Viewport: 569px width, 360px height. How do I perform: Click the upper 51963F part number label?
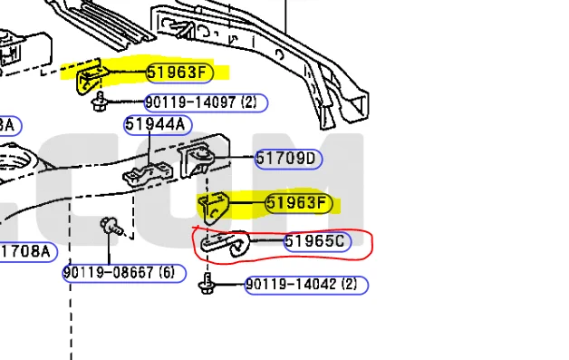(179, 73)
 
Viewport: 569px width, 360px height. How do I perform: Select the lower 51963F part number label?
(299, 203)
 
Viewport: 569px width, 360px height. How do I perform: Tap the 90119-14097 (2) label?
(206, 102)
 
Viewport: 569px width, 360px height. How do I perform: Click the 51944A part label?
(158, 125)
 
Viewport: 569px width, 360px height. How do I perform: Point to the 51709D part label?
(288, 159)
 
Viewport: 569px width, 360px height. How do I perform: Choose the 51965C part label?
(317, 241)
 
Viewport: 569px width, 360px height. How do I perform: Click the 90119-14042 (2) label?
(306, 285)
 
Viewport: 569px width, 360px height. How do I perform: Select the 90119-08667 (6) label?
(124, 273)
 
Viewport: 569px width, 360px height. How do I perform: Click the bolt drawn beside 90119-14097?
(99, 102)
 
